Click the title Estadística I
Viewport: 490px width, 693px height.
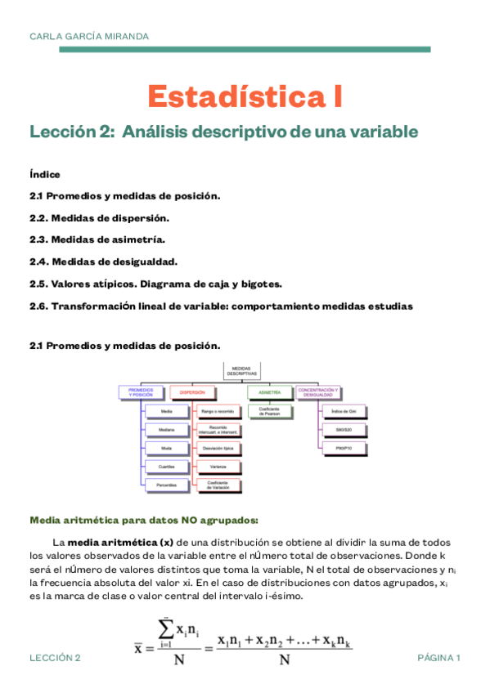click(245, 96)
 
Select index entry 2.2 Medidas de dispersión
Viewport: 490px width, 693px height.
click(99, 218)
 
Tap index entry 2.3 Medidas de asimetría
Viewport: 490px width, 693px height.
click(97, 240)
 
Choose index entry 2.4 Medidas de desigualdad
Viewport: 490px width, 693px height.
click(103, 262)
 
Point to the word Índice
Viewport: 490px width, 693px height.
click(44, 174)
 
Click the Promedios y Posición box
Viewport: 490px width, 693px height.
click(142, 393)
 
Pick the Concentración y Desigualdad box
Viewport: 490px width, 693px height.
click(320, 393)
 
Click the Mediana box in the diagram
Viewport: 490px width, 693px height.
click(166, 429)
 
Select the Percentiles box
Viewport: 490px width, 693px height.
click(166, 485)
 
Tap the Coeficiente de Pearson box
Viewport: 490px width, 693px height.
click(270, 413)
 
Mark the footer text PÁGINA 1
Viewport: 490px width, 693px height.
click(439, 658)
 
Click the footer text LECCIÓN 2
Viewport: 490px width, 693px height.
click(55, 658)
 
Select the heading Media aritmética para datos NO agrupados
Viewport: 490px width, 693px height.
click(144, 519)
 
